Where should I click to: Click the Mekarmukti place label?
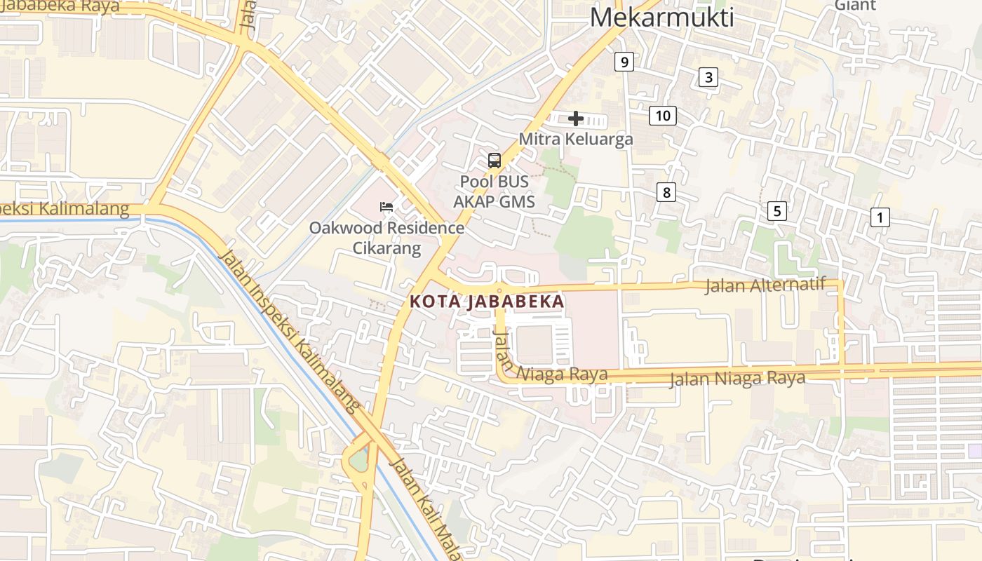[x=661, y=17]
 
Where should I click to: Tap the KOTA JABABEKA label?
[x=487, y=302]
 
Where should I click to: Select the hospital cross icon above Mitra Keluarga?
[x=576, y=119]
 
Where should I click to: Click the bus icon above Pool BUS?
[x=495, y=161]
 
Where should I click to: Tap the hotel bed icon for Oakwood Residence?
[x=386, y=207]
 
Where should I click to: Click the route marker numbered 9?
[x=624, y=62]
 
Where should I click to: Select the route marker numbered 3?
[x=708, y=77]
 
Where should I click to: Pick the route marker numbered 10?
[x=663, y=116]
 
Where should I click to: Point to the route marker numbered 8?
[x=666, y=192]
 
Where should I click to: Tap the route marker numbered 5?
[x=776, y=210]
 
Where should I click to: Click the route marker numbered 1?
[x=879, y=217]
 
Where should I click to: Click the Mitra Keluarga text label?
[x=576, y=139]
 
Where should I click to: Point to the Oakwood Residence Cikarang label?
[x=386, y=238]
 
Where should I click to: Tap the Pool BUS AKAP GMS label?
[x=494, y=191]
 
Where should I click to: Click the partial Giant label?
[x=855, y=6]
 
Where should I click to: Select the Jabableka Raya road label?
[x=60, y=7]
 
